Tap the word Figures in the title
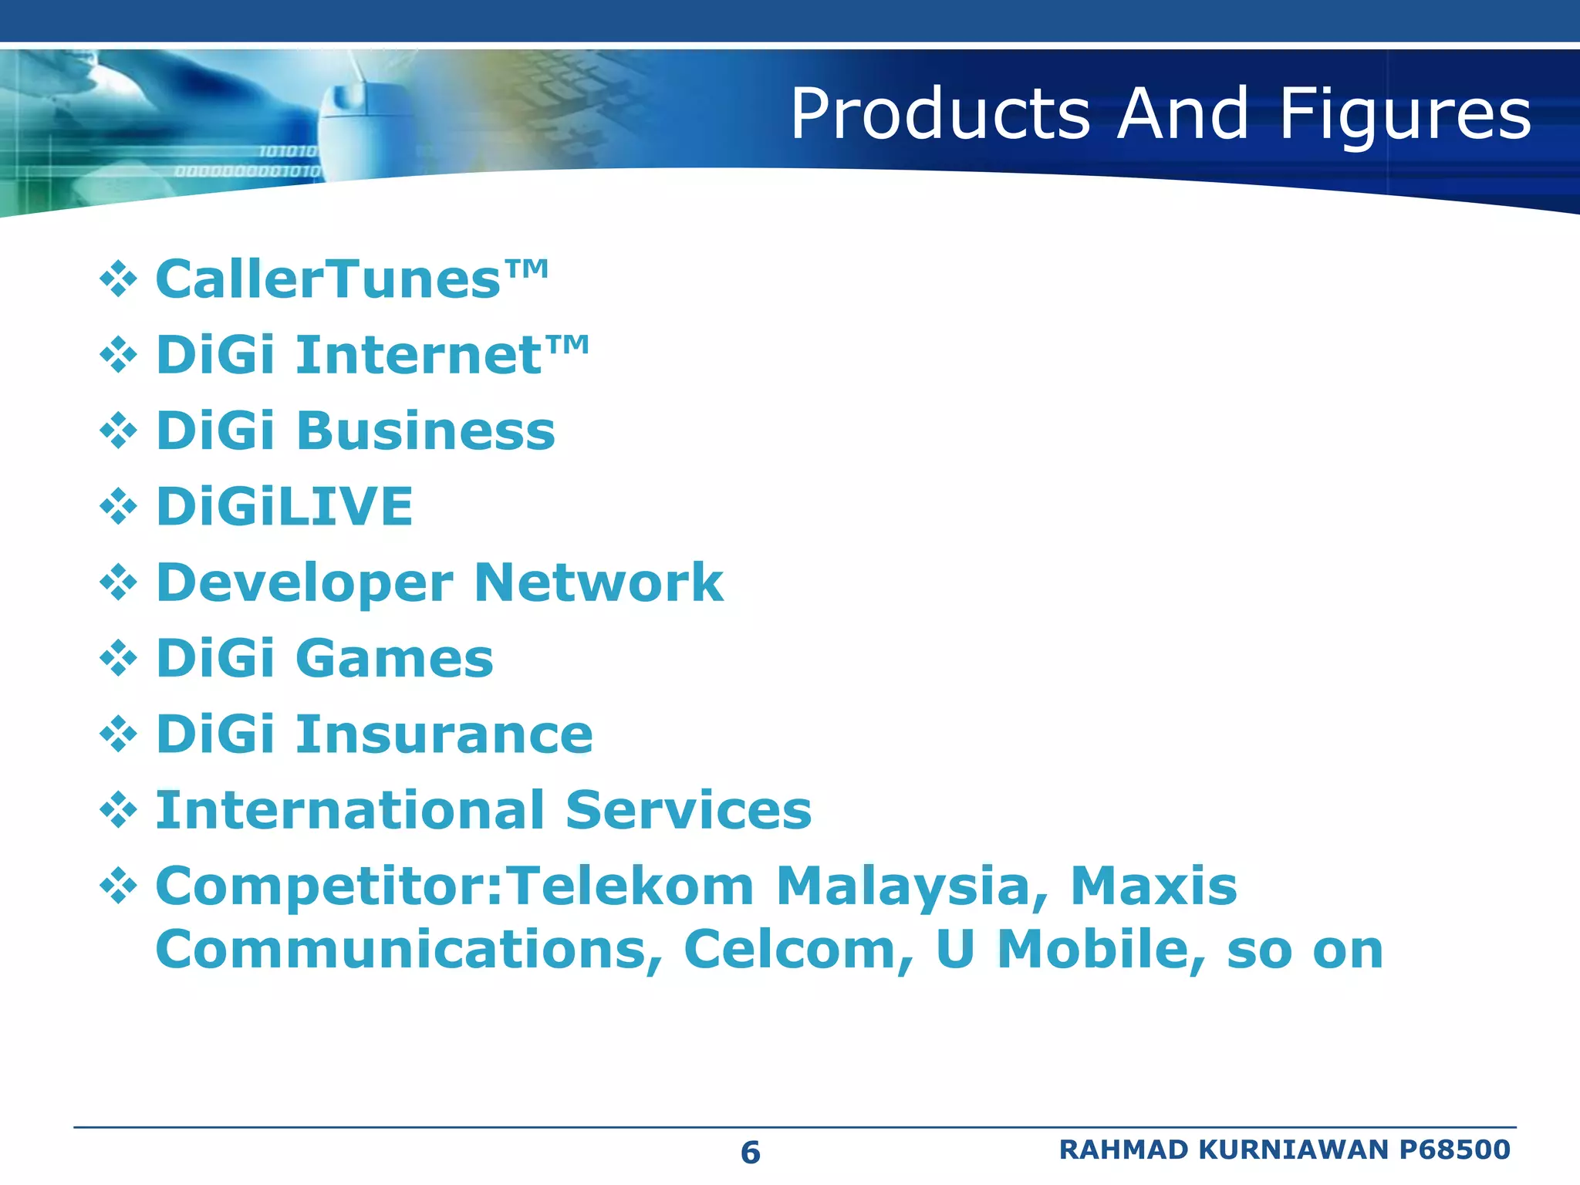(x=1405, y=116)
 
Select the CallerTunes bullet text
(x=351, y=279)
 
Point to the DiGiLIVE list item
(x=285, y=506)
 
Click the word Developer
(x=304, y=583)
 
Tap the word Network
(x=599, y=582)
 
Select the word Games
(x=394, y=658)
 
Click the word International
(x=350, y=810)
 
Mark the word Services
(x=688, y=810)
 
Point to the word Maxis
(x=1153, y=886)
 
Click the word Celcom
(x=798, y=949)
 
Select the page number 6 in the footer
(x=750, y=1153)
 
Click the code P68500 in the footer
(x=1454, y=1150)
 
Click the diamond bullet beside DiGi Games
(x=118, y=658)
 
